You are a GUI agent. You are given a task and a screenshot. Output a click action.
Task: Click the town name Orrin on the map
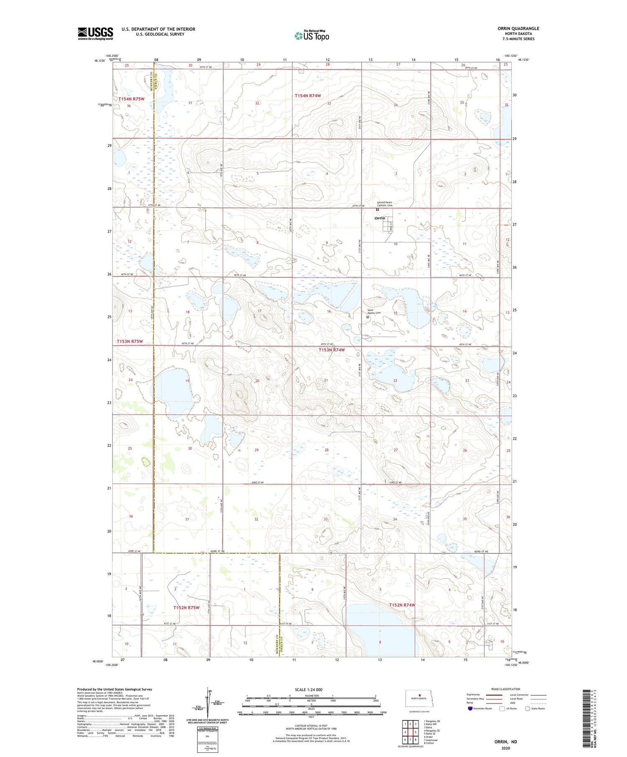tap(380, 218)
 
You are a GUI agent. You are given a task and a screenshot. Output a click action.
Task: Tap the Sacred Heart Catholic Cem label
tap(385, 204)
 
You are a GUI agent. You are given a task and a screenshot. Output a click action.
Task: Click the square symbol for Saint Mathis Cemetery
tap(368, 317)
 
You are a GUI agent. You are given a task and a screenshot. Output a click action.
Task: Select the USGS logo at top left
tap(95, 33)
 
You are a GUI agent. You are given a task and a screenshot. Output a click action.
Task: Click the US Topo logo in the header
tap(312, 36)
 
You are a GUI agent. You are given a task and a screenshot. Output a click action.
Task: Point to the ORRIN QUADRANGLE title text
tap(518, 28)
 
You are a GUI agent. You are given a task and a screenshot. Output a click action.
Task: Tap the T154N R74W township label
tap(308, 96)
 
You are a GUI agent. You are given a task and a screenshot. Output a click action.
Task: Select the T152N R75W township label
tap(186, 607)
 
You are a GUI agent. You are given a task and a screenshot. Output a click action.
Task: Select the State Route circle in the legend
tap(528, 709)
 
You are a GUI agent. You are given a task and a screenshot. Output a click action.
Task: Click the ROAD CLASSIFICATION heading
tap(506, 689)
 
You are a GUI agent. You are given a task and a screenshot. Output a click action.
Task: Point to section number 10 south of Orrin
tap(395, 244)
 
